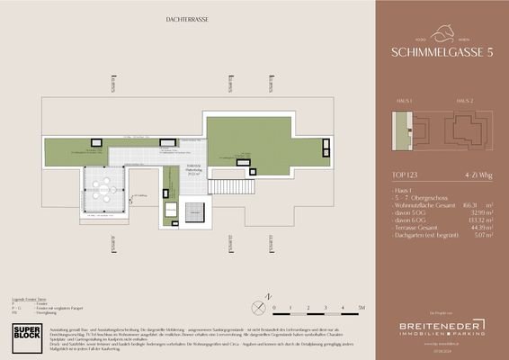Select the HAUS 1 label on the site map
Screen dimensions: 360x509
[404, 100]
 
